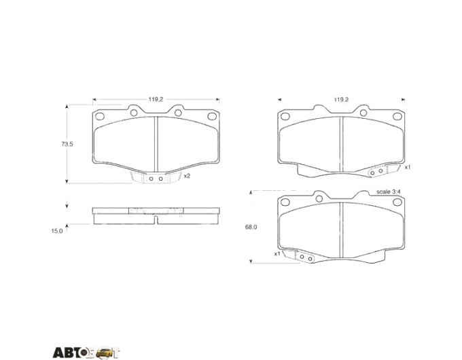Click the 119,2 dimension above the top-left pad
pos(156,100)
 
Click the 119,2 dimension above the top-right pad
pos(341,100)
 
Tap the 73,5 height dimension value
pos(67,145)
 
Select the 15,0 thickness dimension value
pos(57,231)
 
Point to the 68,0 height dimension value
pos(251,227)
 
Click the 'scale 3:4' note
pos(389,192)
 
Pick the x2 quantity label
pos(187,176)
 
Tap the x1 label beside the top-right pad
pos(408,167)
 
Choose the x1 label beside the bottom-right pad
pos(277,253)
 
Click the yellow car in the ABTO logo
pos(105,353)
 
